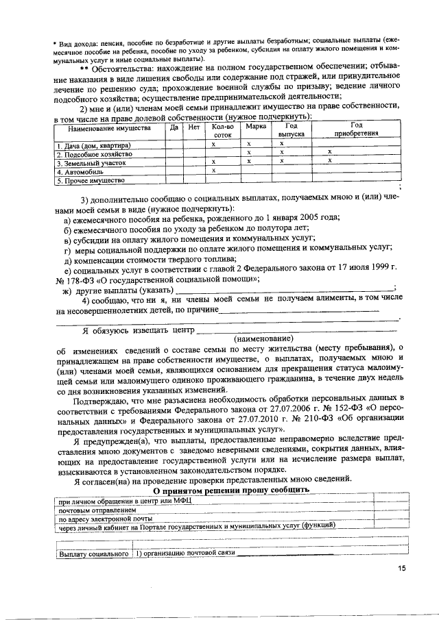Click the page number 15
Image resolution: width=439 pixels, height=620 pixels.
(x=402, y=567)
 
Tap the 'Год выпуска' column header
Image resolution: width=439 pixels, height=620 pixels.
(x=291, y=131)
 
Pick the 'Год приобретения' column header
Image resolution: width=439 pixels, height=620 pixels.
(x=356, y=129)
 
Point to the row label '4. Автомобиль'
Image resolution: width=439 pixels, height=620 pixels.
(x=79, y=172)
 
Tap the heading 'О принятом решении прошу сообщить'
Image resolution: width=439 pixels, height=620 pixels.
(x=230, y=491)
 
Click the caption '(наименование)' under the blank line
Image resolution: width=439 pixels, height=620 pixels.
(x=263, y=338)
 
